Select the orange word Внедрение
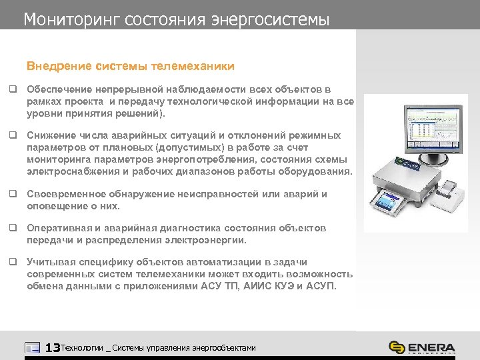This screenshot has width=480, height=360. click(x=58, y=67)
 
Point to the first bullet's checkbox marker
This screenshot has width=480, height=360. click(x=12, y=89)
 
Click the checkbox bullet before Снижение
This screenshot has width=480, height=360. click(x=12, y=135)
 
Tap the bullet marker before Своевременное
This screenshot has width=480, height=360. click(x=12, y=194)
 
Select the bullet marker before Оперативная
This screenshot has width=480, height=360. click(x=12, y=228)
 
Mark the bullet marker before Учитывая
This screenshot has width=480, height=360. click(x=12, y=262)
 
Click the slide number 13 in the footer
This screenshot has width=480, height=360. click(x=52, y=347)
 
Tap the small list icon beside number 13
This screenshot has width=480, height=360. click(x=32, y=347)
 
